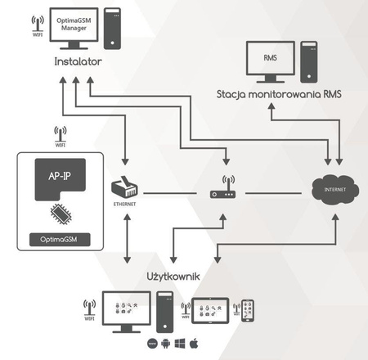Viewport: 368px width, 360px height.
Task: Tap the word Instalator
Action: coord(79,62)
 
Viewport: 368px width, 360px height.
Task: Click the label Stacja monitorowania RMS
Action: coord(278,94)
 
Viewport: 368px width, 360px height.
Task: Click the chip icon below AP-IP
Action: coord(60,214)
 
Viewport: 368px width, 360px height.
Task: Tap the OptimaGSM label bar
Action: coord(60,239)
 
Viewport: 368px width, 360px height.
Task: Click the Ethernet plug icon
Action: coord(127,187)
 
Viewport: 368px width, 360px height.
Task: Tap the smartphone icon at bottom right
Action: coord(249,312)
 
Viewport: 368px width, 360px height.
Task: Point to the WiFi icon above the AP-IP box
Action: coord(60,134)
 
